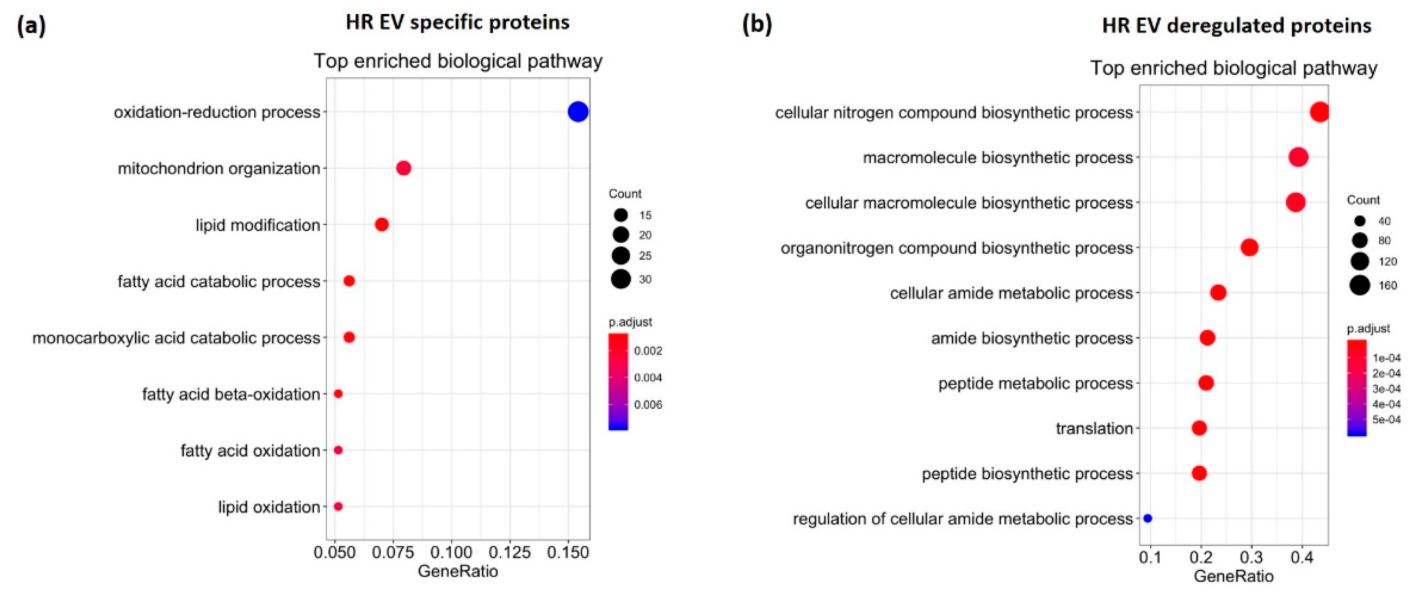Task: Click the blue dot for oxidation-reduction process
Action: (x=578, y=112)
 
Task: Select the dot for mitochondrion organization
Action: (x=403, y=168)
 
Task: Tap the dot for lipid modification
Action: (x=382, y=224)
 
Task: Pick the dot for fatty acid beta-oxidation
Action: (x=338, y=394)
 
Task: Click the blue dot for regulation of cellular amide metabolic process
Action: (x=1147, y=518)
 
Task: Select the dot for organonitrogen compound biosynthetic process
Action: (x=1249, y=247)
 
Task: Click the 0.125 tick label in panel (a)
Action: (x=510, y=552)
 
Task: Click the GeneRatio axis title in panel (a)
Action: (x=458, y=571)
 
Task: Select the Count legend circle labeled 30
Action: (x=621, y=279)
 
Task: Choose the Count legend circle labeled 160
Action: (x=1360, y=285)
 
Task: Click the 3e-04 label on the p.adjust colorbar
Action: (x=1386, y=389)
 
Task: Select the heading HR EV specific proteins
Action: (x=458, y=23)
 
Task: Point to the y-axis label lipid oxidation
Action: (x=269, y=507)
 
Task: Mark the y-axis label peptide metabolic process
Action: (x=1035, y=383)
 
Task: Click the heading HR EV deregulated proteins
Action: (x=1236, y=26)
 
